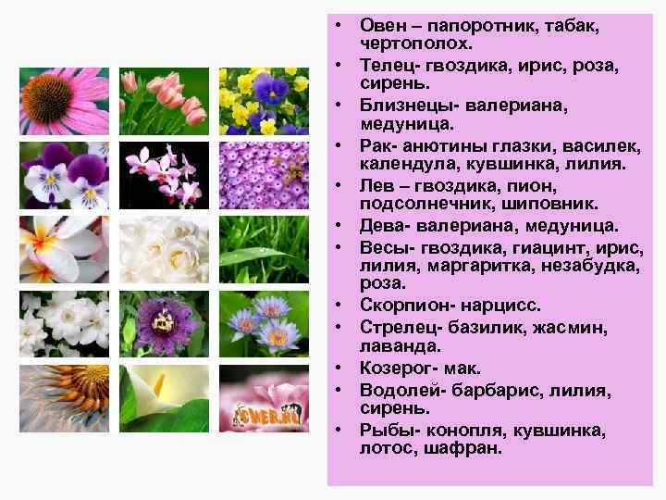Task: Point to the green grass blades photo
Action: (264, 249)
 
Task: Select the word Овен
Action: (381, 26)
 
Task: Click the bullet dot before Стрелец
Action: (340, 327)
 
